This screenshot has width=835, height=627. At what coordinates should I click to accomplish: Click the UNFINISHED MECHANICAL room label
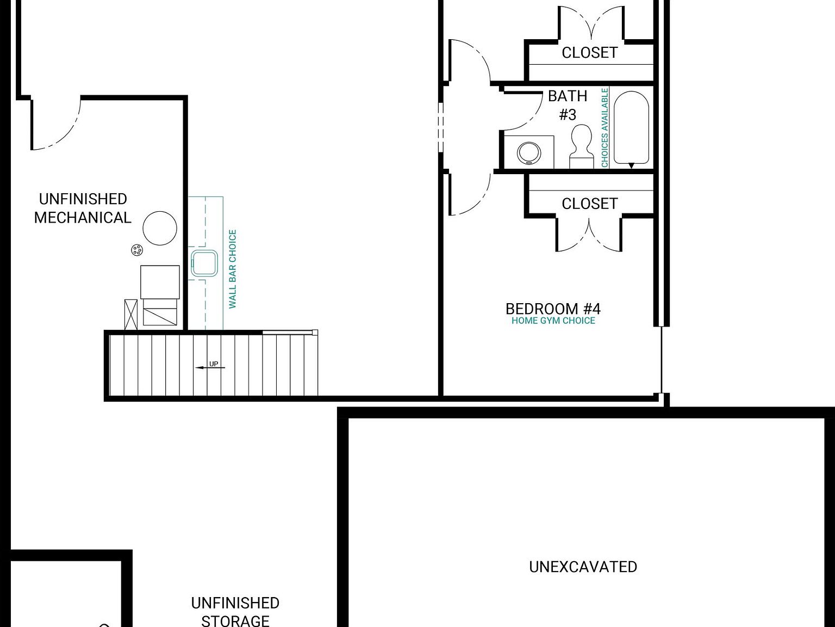[83, 208]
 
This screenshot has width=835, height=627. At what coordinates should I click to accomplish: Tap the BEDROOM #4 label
[553, 309]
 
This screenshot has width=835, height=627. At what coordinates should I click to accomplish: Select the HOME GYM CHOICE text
[553, 321]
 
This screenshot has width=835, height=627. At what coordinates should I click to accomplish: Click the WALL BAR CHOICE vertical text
[233, 269]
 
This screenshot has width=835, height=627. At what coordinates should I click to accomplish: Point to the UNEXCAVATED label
[583, 567]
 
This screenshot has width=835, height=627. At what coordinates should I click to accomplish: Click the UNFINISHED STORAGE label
[235, 611]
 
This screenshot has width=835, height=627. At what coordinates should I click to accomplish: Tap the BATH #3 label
[568, 105]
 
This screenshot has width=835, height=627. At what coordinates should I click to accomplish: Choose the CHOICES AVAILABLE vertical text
[605, 127]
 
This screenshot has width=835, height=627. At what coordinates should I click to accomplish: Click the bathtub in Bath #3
[631, 128]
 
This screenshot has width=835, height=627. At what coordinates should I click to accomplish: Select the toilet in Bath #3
[581, 145]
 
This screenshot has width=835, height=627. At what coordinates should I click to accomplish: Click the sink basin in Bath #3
[528, 153]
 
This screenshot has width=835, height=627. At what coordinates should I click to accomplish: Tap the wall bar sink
[204, 263]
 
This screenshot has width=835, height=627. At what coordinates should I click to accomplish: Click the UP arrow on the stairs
[210, 366]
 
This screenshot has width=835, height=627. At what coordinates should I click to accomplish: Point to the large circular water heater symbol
[160, 228]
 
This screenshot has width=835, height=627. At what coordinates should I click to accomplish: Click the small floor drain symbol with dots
[137, 250]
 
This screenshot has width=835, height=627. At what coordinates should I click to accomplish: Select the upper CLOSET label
[589, 53]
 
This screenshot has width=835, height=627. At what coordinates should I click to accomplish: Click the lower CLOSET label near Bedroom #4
[589, 204]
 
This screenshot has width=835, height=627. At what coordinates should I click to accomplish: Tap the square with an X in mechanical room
[131, 315]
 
